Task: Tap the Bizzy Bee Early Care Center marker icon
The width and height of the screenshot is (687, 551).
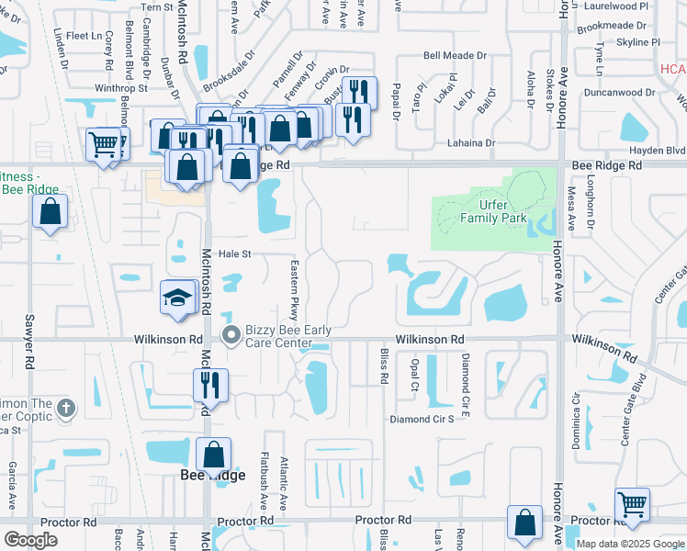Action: click(231, 337)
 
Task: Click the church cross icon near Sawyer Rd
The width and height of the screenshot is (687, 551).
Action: click(63, 406)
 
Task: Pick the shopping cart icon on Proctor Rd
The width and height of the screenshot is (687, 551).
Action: click(632, 504)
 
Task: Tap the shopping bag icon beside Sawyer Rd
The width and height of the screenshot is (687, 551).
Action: click(50, 211)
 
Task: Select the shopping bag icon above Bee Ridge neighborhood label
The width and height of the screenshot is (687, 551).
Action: click(213, 454)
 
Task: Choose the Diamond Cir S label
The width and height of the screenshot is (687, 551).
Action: click(422, 419)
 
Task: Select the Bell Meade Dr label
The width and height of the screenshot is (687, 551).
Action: click(453, 56)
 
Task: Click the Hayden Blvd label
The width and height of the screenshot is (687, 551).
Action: click(657, 151)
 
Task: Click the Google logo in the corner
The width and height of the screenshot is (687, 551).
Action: click(30, 540)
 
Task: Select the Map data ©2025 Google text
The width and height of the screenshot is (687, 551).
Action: click(628, 544)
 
